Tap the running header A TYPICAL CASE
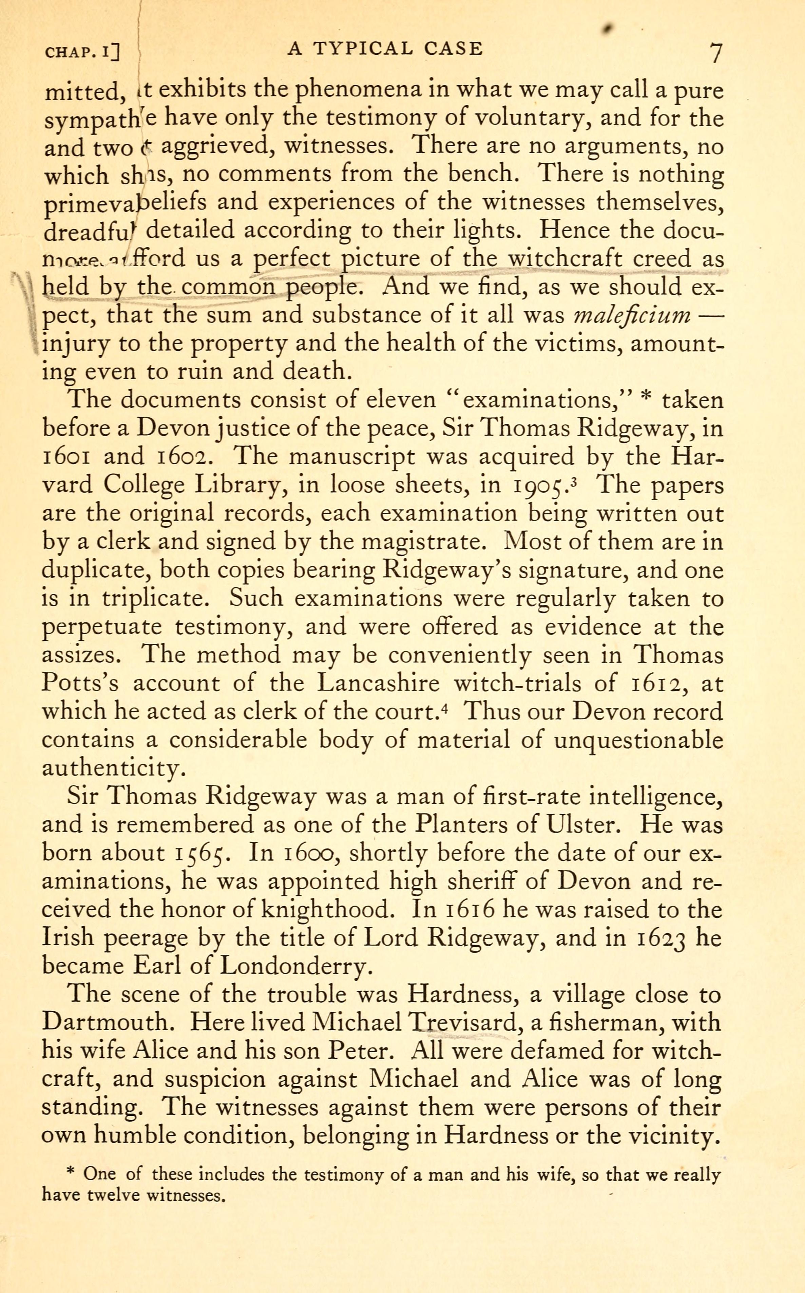385,49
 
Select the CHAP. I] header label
82,52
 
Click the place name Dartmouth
109,1023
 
